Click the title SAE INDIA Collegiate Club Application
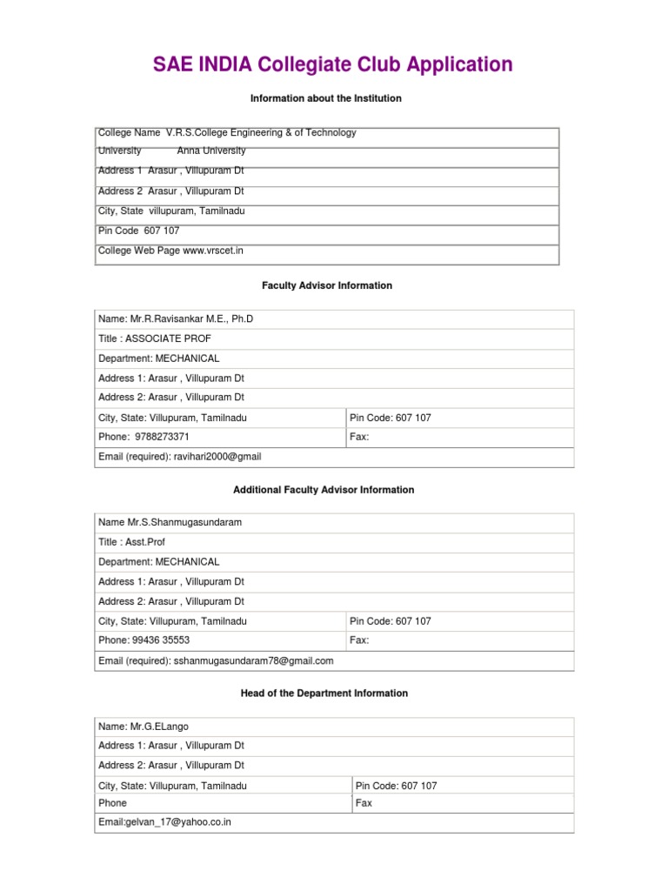[333, 64]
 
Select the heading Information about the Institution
[325, 98]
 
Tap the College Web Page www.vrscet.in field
[170, 251]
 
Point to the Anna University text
[211, 151]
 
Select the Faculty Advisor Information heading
[327, 285]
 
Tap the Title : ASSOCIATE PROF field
[155, 338]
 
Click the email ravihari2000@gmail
[217, 457]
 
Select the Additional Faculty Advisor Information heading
[324, 490]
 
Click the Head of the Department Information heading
[324, 693]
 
